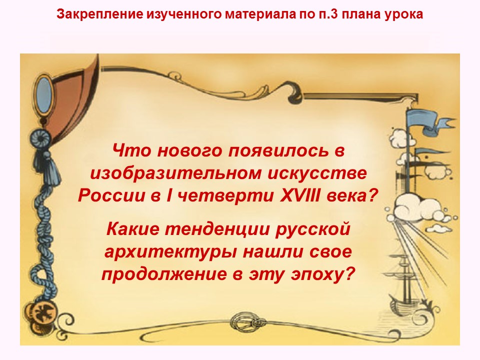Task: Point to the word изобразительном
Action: pos(178,173)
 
